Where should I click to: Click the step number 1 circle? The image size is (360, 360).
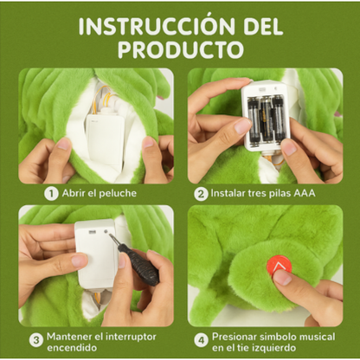tap(52, 193)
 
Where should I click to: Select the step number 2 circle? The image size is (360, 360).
tap(201, 193)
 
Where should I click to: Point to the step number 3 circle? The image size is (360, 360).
tap(36, 339)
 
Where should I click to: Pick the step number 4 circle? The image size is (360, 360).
tap(201, 339)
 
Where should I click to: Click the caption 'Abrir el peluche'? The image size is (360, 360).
tap(100, 193)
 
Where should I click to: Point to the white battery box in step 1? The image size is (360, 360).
tap(104, 138)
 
